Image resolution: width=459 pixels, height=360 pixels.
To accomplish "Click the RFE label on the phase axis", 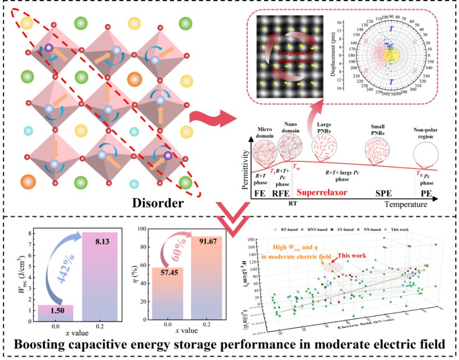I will (279, 195).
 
